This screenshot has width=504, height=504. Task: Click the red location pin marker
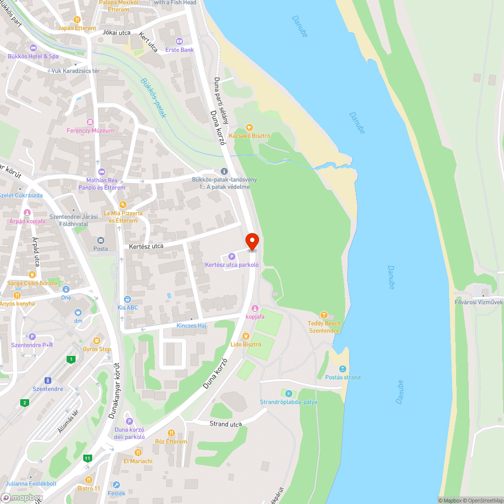(x=251, y=241)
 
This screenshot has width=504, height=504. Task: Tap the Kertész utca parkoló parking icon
(x=232, y=257)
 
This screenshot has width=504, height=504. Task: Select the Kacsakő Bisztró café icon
(x=249, y=128)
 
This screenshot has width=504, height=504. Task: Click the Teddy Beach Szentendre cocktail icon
(x=324, y=315)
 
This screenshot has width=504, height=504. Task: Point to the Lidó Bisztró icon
(x=245, y=336)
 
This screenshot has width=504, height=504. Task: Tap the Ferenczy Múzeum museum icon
(x=90, y=122)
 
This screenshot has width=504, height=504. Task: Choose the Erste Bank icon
(x=179, y=41)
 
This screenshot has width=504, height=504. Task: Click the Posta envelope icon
(x=100, y=240)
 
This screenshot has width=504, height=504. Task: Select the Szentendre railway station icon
(x=48, y=381)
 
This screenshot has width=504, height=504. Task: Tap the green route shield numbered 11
(x=88, y=458)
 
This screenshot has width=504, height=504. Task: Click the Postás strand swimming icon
(x=343, y=369)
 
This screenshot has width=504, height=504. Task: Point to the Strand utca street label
(x=226, y=424)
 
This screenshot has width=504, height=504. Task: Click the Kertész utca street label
(x=146, y=246)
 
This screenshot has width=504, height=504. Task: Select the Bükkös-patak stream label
(x=154, y=97)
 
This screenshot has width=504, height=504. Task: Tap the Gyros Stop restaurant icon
(x=97, y=341)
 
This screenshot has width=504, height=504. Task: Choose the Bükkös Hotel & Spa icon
(x=33, y=48)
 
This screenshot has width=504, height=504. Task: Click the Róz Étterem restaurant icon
(x=171, y=433)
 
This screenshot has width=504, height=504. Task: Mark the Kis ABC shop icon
(x=127, y=299)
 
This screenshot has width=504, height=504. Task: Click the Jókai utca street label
(x=116, y=32)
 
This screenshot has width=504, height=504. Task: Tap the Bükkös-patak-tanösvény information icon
(x=224, y=172)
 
